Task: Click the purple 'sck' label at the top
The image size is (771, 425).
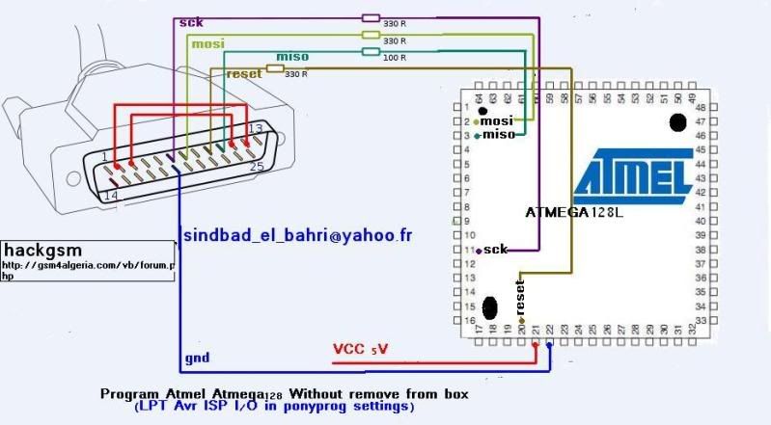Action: (x=189, y=21)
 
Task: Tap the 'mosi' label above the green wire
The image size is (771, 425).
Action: (x=207, y=44)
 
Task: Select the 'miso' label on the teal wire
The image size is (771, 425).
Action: (x=292, y=56)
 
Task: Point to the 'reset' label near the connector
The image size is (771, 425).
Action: (x=243, y=73)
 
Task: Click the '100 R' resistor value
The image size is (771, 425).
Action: (x=394, y=58)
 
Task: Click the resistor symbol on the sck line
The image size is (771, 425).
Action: (x=371, y=16)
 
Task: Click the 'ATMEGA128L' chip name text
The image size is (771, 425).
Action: (x=574, y=212)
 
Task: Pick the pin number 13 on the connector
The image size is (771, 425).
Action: (x=255, y=128)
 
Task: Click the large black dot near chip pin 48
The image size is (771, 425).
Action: (x=677, y=122)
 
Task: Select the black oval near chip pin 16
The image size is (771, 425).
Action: (x=491, y=307)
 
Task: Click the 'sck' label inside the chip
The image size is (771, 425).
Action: (x=497, y=250)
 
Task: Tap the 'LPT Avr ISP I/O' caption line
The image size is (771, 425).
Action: (x=274, y=408)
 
